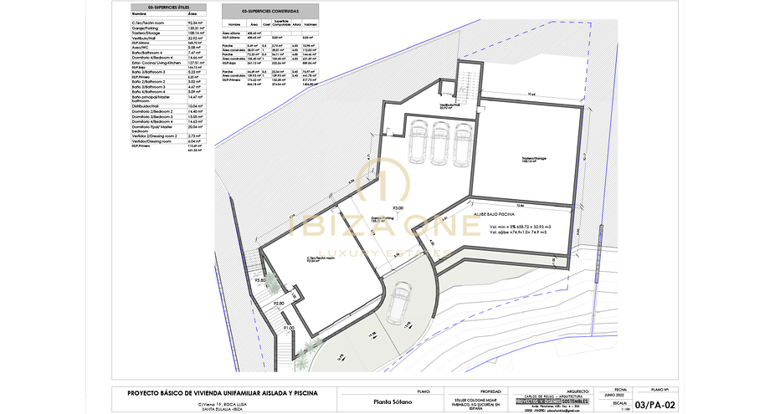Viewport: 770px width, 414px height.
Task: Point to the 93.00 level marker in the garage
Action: pos(398,207)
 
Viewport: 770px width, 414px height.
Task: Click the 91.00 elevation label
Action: pos(288,328)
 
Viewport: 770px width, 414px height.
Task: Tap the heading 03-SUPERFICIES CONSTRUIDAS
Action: pos(268,10)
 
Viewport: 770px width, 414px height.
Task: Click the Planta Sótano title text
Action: pos(381,401)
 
